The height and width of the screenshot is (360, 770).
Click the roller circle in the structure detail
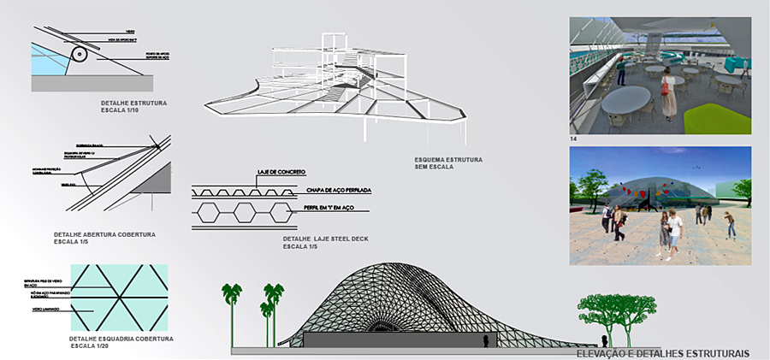click(x=80, y=55)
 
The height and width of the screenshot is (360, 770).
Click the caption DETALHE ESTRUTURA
click(x=133, y=103)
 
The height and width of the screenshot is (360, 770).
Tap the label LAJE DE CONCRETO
click(x=281, y=174)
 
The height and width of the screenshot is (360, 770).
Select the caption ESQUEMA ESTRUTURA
click(x=448, y=160)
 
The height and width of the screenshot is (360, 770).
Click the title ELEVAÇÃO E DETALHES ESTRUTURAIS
click(x=663, y=353)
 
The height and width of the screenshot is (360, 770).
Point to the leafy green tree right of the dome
click(x=611, y=312)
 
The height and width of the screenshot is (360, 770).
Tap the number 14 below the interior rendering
click(x=573, y=139)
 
